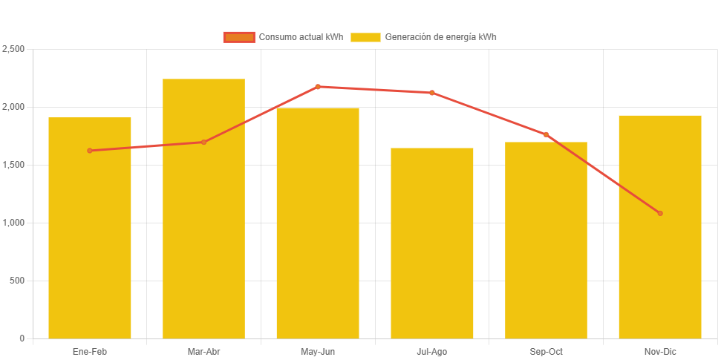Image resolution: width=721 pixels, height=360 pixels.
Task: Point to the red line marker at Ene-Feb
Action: pyautogui.click(x=90, y=151)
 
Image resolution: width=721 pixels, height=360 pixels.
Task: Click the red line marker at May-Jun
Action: pyautogui.click(x=318, y=87)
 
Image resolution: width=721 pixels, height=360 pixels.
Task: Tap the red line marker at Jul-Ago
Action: pyautogui.click(x=432, y=93)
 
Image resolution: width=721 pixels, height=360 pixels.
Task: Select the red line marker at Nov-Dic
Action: pyautogui.click(x=660, y=213)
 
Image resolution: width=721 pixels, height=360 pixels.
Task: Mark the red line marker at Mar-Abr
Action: pyautogui.click(x=203, y=142)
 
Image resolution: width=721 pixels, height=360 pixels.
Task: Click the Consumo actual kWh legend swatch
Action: pyautogui.click(x=239, y=37)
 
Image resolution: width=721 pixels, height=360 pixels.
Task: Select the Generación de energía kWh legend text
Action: pyautogui.click(x=440, y=37)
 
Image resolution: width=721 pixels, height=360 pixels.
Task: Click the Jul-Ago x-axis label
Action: pyautogui.click(x=432, y=351)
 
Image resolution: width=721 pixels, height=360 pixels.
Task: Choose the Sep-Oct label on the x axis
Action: pyautogui.click(x=546, y=351)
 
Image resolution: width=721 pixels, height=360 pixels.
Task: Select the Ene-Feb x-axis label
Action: pyautogui.click(x=90, y=351)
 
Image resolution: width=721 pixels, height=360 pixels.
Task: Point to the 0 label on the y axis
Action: pyautogui.click(x=22, y=338)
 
